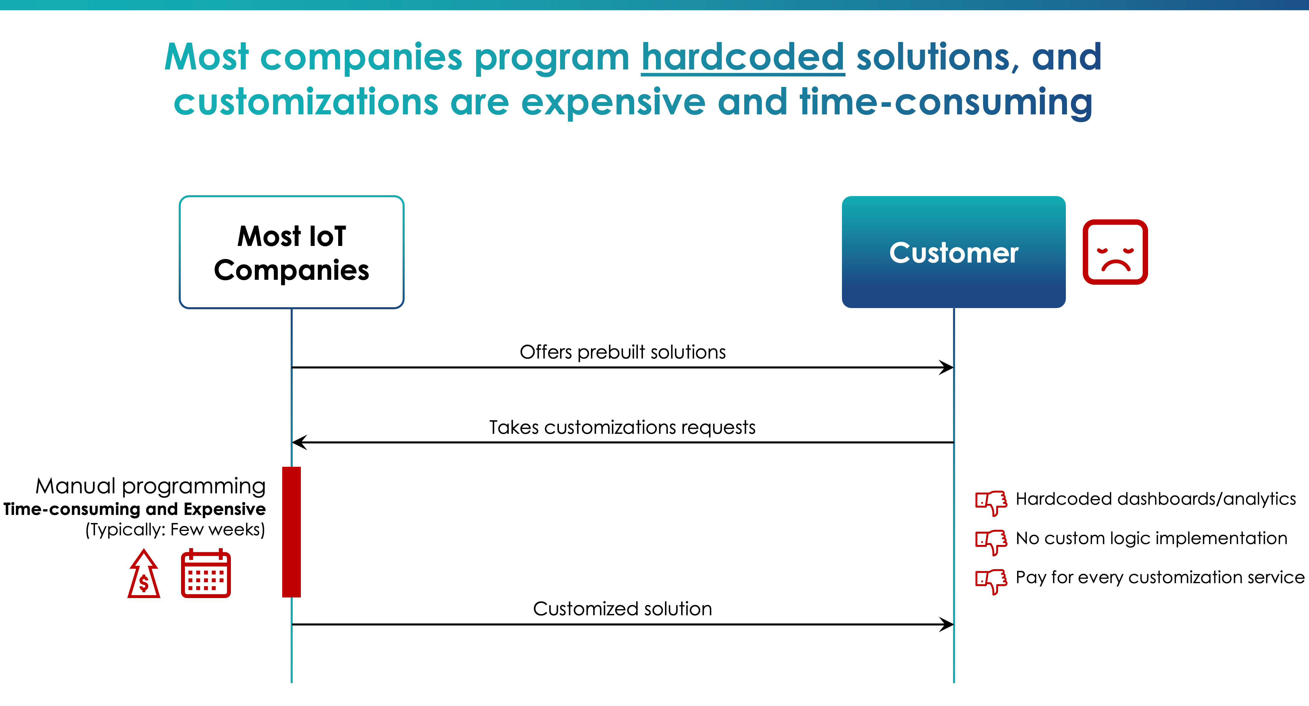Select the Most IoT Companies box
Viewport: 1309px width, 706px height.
pos(292,252)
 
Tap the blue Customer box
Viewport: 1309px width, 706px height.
pos(954,252)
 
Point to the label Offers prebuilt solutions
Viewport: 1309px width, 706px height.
pos(622,352)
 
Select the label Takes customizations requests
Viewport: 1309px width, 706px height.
pos(622,427)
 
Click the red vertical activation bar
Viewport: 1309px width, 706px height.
pos(292,532)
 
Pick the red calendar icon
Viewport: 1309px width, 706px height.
pos(206,573)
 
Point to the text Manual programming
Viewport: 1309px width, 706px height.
pos(150,486)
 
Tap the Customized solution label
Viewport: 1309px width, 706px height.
pos(622,609)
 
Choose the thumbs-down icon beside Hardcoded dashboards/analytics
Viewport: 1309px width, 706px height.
pos(991,503)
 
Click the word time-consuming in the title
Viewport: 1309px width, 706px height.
pos(946,102)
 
